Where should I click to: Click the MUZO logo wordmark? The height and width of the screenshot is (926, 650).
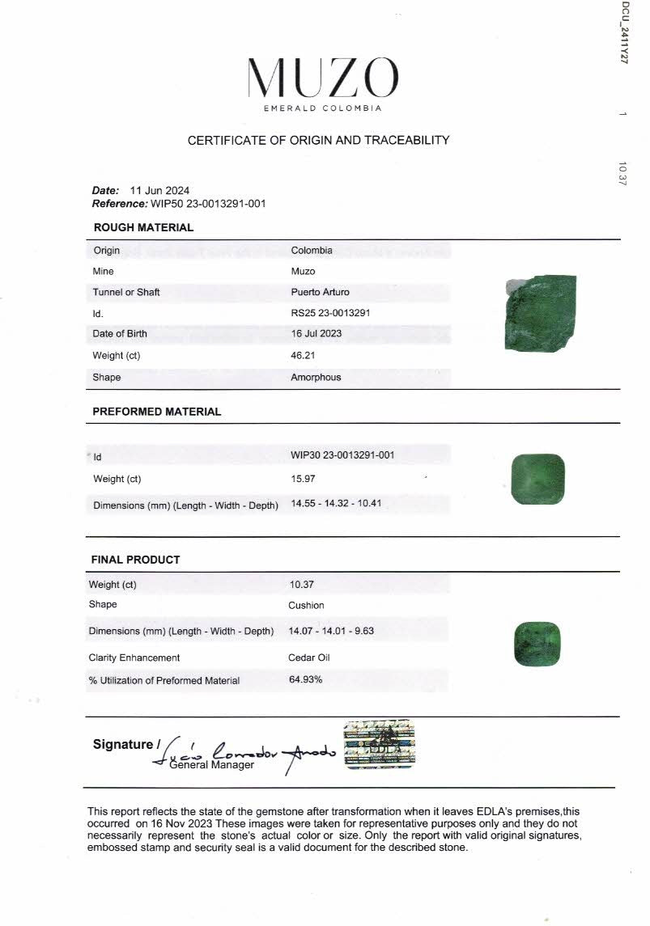[x=322, y=79]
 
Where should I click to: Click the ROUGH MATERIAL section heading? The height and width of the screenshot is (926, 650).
[x=143, y=227]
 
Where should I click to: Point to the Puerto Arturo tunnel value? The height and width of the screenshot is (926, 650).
[x=320, y=292]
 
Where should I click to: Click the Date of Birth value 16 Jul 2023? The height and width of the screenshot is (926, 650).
[x=316, y=333]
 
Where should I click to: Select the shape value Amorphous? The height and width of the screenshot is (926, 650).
[x=316, y=377]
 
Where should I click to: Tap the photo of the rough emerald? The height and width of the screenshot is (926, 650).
[x=540, y=313]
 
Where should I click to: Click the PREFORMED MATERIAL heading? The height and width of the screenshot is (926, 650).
[x=156, y=412]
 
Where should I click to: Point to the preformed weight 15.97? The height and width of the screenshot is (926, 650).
[x=303, y=479]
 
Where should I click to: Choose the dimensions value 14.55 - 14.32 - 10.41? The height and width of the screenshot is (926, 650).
[x=336, y=503]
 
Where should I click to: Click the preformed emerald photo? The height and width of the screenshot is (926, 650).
[x=538, y=479]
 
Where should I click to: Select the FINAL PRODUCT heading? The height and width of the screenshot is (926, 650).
[x=135, y=560]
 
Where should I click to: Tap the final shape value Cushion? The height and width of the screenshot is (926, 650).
[x=306, y=605]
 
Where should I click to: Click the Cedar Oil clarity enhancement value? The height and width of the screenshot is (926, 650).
[x=309, y=658]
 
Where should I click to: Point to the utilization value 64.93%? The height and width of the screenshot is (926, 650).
[x=305, y=679]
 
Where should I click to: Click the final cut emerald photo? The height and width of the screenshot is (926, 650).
[x=537, y=644]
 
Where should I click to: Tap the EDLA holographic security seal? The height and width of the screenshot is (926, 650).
[x=379, y=744]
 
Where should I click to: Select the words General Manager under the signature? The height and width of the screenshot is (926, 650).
[x=211, y=765]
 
